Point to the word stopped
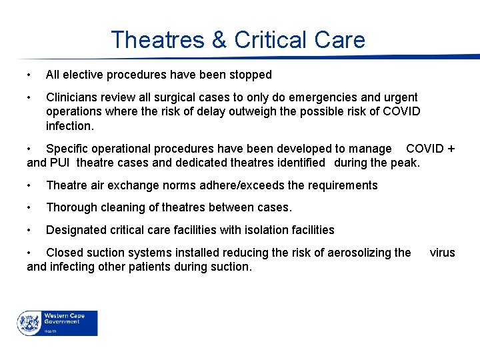251,75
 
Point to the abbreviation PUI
62,163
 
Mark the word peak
407,163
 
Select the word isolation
265,230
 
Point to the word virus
442,253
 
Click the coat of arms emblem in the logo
29,323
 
